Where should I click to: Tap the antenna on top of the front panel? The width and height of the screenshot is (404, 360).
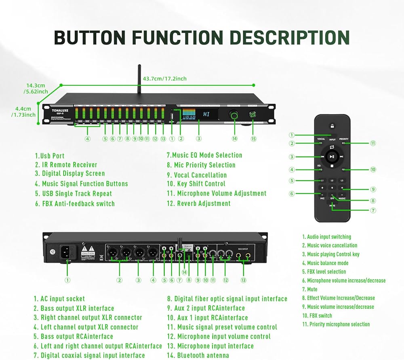139,79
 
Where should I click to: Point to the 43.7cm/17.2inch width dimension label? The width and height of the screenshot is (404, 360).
165,78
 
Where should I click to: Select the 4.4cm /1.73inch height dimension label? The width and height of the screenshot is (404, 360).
23,112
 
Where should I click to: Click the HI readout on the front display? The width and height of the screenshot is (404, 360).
207,114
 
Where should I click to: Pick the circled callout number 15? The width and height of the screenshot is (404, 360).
253,139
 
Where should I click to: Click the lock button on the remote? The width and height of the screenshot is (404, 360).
332,126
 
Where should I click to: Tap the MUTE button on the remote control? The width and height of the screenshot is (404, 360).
332,205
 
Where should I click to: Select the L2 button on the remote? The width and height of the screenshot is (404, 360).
332,180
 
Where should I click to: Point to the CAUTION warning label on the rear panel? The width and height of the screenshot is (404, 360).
88,253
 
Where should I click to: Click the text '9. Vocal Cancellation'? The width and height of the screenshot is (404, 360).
197,175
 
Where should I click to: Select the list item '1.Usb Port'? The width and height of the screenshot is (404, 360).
50,156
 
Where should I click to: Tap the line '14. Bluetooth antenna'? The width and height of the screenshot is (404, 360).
198,355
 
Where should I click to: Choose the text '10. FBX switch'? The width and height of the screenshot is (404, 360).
317,316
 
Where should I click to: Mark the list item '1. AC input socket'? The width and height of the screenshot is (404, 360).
59,299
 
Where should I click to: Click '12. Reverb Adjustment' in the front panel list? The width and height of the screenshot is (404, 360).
199,203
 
